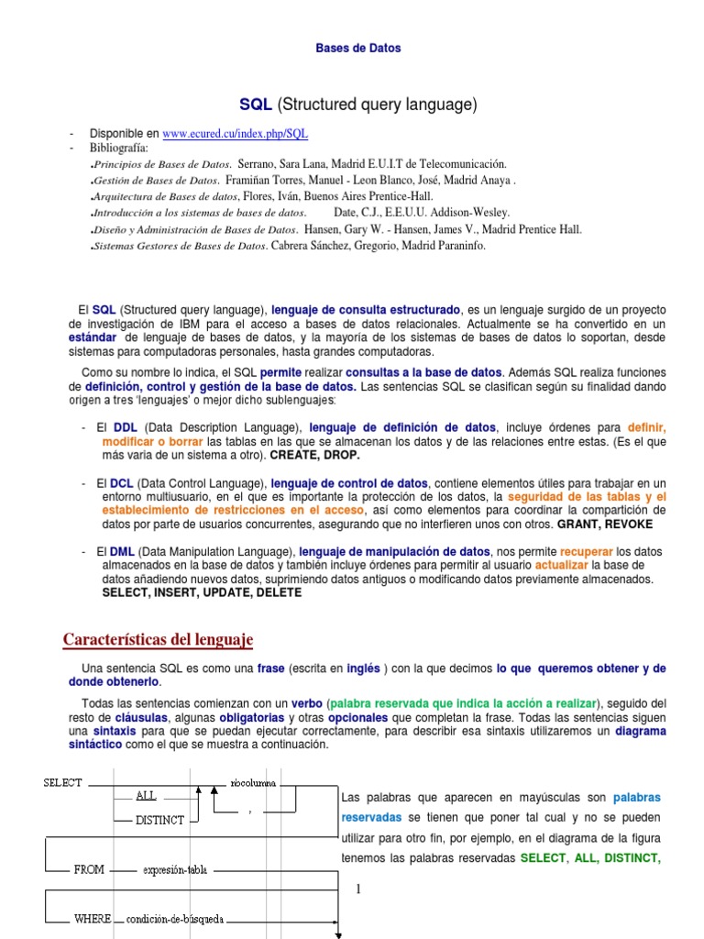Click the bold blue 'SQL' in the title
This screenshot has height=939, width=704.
click(x=256, y=105)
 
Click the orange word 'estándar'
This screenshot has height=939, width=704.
click(x=93, y=337)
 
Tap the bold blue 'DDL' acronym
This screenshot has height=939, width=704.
click(x=125, y=427)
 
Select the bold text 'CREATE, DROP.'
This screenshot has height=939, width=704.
click(x=314, y=455)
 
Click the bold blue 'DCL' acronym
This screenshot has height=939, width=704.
click(x=122, y=483)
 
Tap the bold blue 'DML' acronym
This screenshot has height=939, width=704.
click(x=122, y=552)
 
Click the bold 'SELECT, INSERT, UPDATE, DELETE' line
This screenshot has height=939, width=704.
click(x=202, y=593)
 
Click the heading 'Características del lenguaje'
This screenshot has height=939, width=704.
click(x=158, y=639)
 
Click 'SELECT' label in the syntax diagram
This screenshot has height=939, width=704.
click(x=62, y=782)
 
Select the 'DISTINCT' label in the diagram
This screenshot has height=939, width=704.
click(x=159, y=820)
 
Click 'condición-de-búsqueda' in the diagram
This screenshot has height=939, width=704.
click(x=175, y=918)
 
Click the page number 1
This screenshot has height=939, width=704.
click(x=359, y=889)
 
